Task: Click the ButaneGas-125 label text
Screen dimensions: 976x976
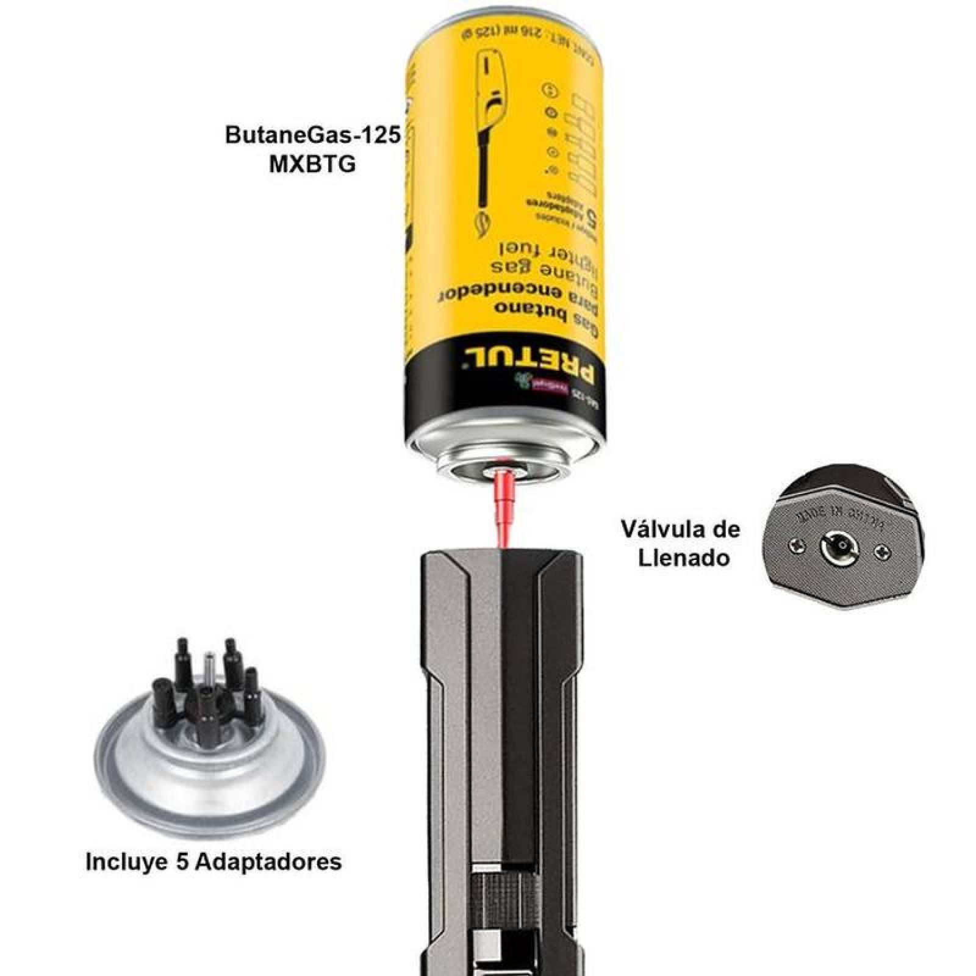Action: pos(312,135)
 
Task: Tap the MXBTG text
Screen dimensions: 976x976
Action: pos(312,165)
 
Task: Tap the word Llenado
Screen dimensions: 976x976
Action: pos(684,558)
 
